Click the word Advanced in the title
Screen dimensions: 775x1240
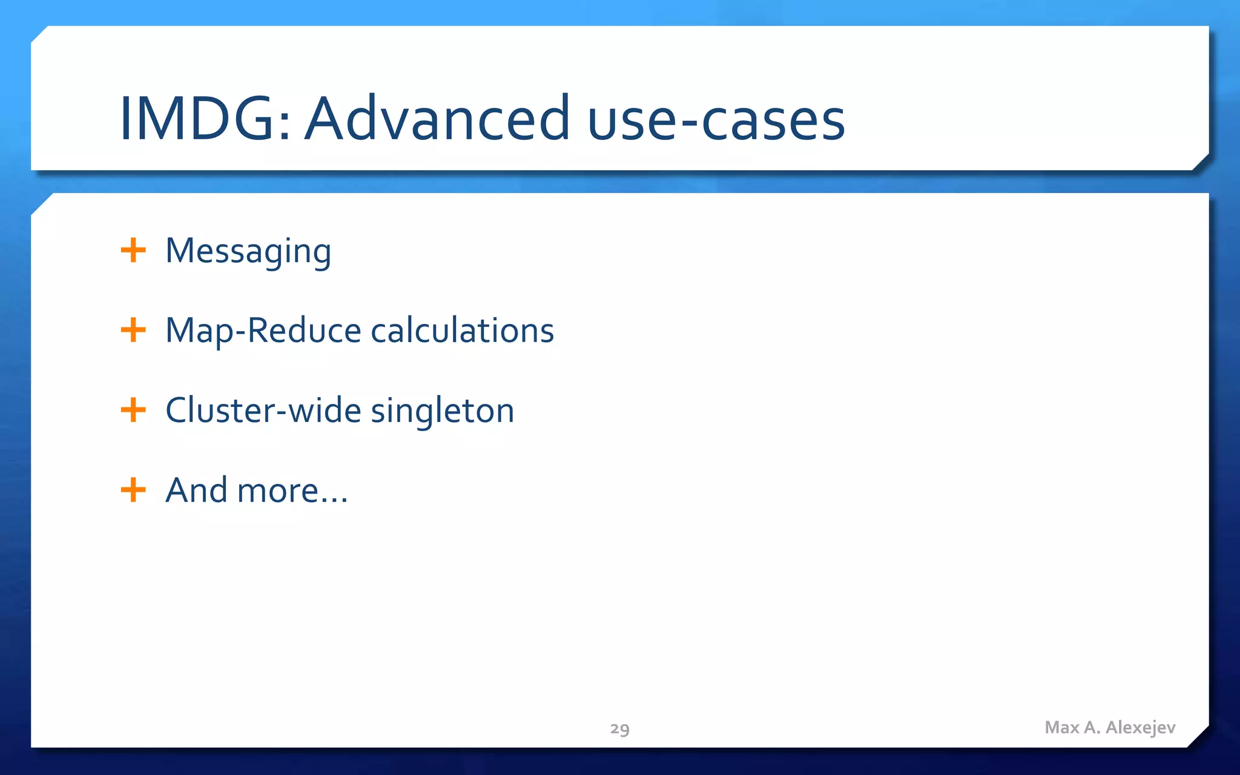437,119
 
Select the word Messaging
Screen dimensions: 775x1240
248,251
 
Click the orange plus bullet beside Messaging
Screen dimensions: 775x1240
133,250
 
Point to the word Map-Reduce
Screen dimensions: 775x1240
263,331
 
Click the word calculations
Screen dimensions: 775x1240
462,331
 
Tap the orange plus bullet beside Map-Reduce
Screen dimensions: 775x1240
133,330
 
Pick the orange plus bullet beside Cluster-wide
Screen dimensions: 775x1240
133,410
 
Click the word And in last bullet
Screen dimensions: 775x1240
196,490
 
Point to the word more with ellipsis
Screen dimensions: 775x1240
292,491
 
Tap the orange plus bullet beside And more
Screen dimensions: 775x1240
133,489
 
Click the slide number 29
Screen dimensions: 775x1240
619,728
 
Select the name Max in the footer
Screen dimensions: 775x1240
1062,727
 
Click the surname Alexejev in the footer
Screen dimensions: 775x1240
1141,728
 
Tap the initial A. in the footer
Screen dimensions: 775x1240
1092,727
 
